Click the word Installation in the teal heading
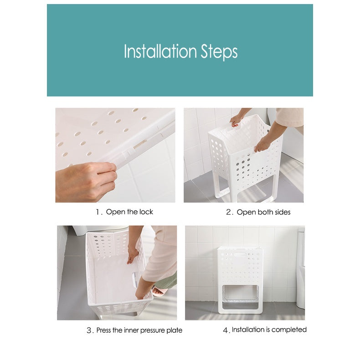(x=160, y=51)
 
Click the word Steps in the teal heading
(x=219, y=52)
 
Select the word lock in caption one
(x=146, y=212)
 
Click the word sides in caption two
(x=283, y=212)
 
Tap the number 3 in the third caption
(x=89, y=330)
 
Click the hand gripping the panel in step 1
(x=86, y=181)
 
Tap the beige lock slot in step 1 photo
(x=140, y=144)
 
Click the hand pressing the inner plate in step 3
(x=133, y=254)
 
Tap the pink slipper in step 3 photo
(x=159, y=291)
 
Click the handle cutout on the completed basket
(x=240, y=255)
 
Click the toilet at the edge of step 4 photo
(x=300, y=268)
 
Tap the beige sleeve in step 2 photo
(x=290, y=118)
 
